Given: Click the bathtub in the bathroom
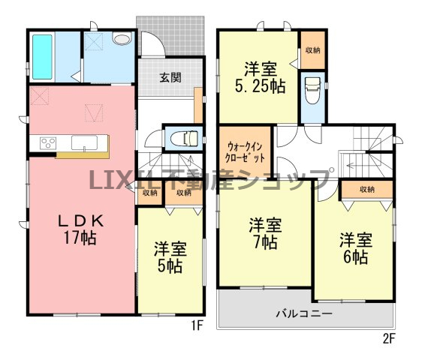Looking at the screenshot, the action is click(x=42, y=57).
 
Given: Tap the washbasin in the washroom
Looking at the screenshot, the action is click(x=122, y=38).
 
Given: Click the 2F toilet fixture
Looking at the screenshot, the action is click(x=312, y=90).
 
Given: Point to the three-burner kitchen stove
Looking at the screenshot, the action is click(x=48, y=142).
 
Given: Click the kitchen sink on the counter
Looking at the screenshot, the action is click(x=84, y=142).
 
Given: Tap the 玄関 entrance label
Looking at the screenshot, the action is click(x=170, y=77).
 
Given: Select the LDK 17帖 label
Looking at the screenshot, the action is click(x=80, y=229).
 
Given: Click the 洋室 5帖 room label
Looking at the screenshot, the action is click(x=170, y=257).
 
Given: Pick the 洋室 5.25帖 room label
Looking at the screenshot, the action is click(x=261, y=78).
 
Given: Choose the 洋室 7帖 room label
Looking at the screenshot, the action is click(x=265, y=234).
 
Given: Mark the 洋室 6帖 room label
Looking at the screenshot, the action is click(x=356, y=248).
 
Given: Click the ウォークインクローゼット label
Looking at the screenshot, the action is click(x=244, y=152).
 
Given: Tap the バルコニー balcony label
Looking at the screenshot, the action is click(x=304, y=313).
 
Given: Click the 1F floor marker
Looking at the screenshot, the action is click(x=197, y=325).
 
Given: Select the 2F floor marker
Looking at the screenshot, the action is click(x=388, y=339).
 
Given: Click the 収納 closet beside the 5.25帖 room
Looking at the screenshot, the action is click(x=312, y=50).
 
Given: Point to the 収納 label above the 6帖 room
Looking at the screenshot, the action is click(x=367, y=189).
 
